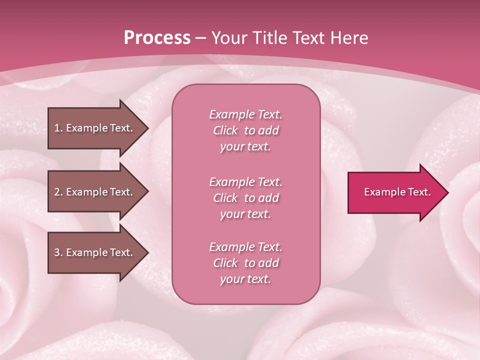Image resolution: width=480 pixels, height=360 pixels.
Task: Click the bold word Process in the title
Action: coord(157,38)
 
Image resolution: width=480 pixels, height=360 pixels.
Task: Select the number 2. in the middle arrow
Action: coord(58,192)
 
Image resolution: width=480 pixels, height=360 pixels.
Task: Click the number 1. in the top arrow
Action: coord(58,128)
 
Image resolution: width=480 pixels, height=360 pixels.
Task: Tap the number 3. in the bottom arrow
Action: coord(58,252)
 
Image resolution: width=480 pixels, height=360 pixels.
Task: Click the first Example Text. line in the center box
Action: coord(245,114)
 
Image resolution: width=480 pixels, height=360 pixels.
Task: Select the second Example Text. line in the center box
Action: coord(245,182)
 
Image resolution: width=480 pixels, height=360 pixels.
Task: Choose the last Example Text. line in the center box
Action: coord(245,247)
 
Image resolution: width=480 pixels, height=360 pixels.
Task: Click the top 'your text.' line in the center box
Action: coord(245,147)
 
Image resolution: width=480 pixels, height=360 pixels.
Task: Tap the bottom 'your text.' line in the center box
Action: coord(245,279)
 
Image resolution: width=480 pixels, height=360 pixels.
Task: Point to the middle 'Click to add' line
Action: coord(245,198)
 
